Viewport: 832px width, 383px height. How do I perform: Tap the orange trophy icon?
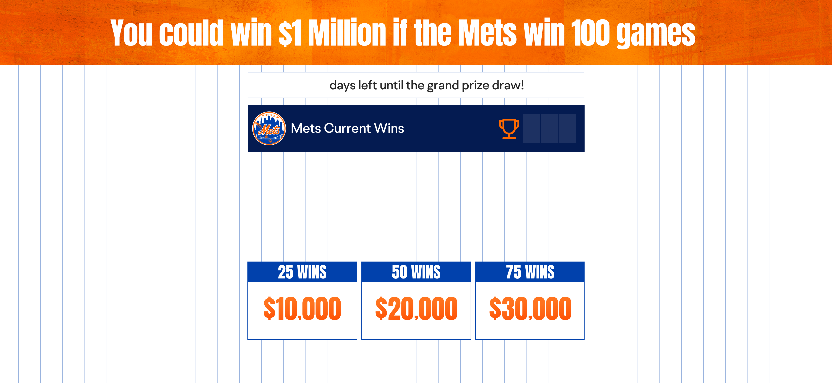click(509, 129)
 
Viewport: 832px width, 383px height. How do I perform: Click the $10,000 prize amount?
click(302, 309)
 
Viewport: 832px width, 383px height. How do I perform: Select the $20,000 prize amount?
click(416, 309)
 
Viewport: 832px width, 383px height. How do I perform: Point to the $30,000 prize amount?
click(530, 309)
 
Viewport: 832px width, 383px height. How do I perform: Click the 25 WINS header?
click(302, 272)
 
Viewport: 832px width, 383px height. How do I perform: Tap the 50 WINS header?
click(416, 272)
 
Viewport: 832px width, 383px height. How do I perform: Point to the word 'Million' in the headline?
click(347, 32)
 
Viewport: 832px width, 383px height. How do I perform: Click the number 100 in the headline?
click(590, 32)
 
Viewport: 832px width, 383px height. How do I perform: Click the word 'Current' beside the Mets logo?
click(347, 128)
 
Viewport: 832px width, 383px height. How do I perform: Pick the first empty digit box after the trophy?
click(532, 128)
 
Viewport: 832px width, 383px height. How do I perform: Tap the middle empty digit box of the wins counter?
click(549, 128)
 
